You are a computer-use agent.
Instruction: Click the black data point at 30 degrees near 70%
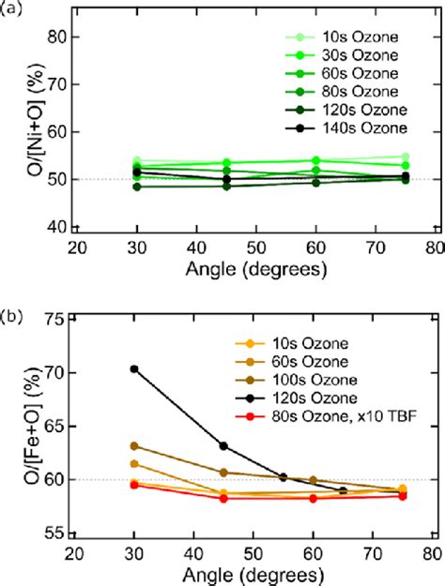point(134,368)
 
